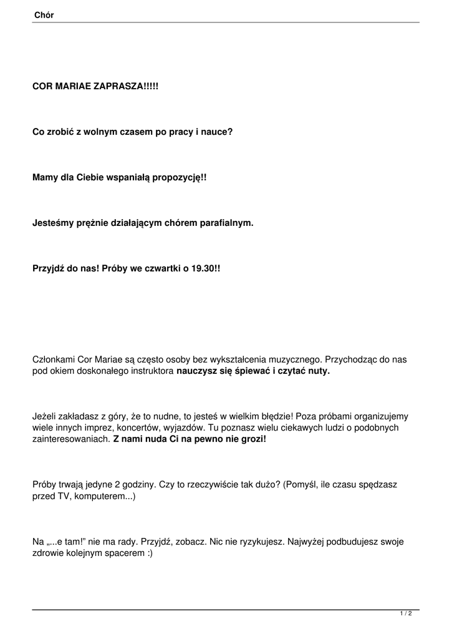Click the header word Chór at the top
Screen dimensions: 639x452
[x=44, y=15]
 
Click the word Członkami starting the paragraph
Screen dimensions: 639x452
[x=54, y=359]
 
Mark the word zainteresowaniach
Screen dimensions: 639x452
[x=70, y=439]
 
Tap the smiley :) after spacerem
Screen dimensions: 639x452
[x=150, y=553]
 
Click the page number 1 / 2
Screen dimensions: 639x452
[x=406, y=614]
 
